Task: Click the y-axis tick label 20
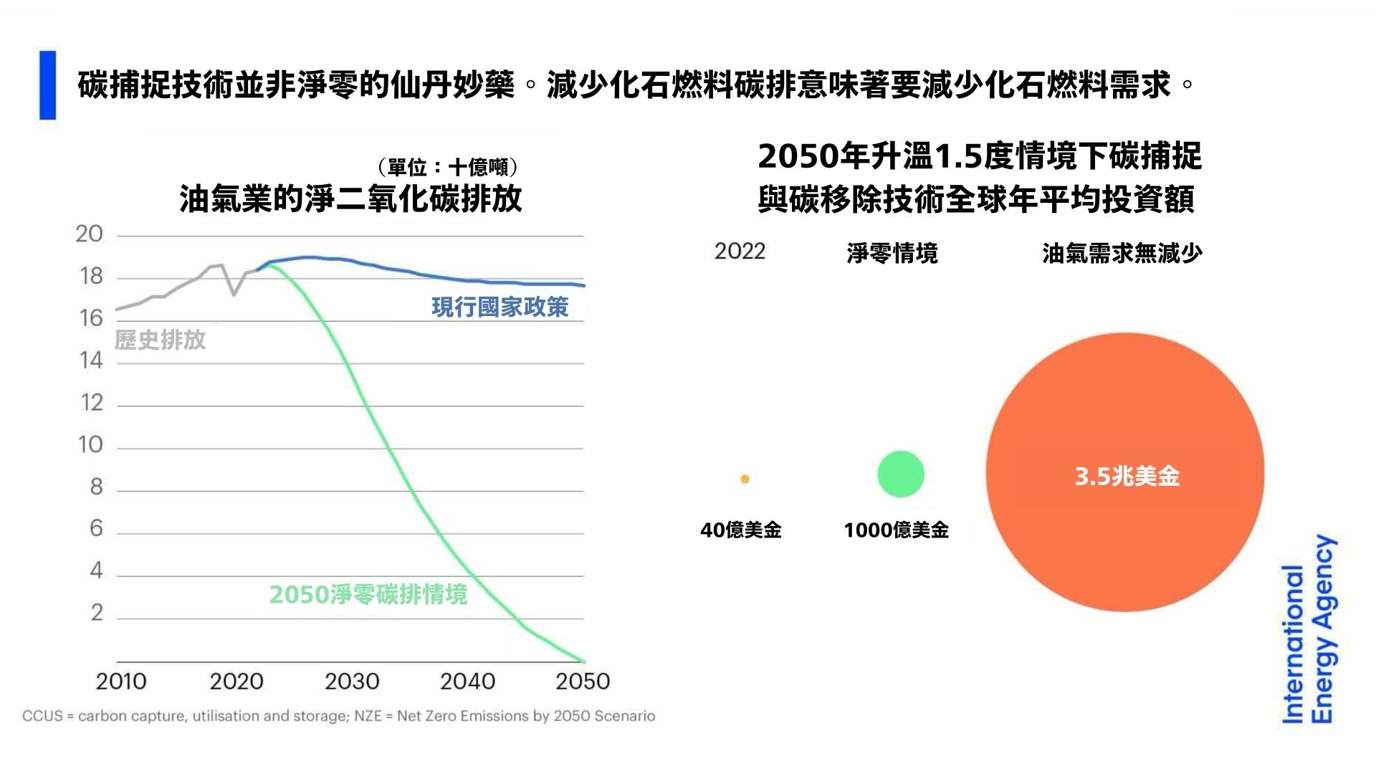tap(90, 234)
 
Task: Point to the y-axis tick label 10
tap(91, 445)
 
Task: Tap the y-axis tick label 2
tap(97, 613)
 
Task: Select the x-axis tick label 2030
tap(352, 681)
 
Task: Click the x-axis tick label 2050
tap(583, 681)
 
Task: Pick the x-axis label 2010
tap(121, 681)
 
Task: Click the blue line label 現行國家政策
tap(500, 307)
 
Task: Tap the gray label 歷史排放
tap(160, 340)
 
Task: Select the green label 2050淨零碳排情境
tap(368, 595)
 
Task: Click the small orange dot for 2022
tap(745, 479)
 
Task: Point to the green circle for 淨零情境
tap(901, 474)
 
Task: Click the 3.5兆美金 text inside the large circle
tap(1127, 477)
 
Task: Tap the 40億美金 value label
tap(740, 530)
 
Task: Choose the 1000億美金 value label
tap(896, 530)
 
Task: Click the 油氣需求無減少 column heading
tap(1122, 254)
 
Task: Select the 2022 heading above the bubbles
tap(740, 252)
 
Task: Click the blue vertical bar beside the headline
tap(48, 85)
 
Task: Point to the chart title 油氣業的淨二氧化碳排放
tap(350, 199)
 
